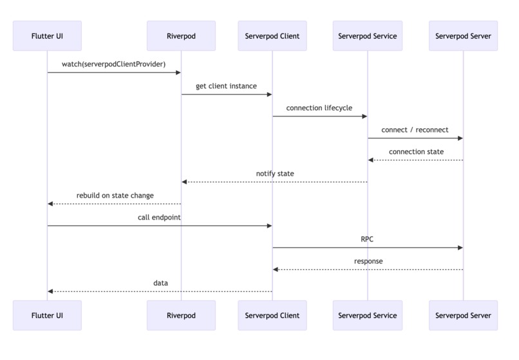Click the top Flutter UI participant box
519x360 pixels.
pos(47,36)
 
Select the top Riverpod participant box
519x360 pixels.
pos(181,36)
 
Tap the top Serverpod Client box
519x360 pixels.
pos(272,36)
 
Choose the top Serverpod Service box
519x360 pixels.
pos(368,36)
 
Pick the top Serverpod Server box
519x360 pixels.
pos(463,36)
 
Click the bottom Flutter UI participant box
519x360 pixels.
pos(47,316)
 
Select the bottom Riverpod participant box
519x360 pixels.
pos(181,316)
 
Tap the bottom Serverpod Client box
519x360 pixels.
pos(272,316)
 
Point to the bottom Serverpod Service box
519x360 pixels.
pos(368,316)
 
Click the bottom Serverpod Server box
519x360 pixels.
pos(463,316)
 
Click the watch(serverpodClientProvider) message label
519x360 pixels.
pos(113,64)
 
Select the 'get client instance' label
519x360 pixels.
pos(226,86)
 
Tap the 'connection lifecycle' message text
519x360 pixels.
pos(319,108)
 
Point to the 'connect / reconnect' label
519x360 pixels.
pos(415,130)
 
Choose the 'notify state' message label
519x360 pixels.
pos(274,174)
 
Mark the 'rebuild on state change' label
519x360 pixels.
pos(115,196)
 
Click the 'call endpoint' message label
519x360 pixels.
pos(159,218)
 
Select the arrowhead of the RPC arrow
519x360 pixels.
pos(460,247)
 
